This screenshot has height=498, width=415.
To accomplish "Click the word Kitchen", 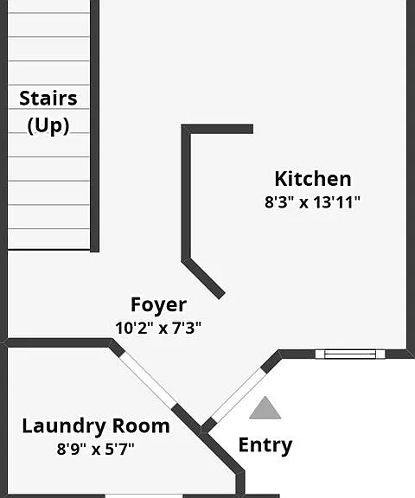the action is click(x=313, y=179).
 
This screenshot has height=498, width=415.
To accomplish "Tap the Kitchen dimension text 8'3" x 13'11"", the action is click(x=312, y=202).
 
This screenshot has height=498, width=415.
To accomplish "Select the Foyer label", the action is click(x=158, y=305).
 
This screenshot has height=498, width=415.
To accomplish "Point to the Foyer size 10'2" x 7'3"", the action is click(x=158, y=328).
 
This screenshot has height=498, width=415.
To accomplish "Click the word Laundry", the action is click(x=64, y=426).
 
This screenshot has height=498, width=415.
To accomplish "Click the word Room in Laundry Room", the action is click(x=141, y=425).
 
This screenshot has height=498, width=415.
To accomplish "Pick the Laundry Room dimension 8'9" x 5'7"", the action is click(x=96, y=449).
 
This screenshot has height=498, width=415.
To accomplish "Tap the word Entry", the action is click(x=265, y=445).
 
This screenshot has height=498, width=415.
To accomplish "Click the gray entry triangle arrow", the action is click(x=265, y=408).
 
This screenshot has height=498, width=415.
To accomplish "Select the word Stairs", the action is click(x=48, y=99).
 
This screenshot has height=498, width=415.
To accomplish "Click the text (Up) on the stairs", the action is click(x=48, y=125).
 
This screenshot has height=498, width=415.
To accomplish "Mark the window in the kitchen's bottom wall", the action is click(x=350, y=354).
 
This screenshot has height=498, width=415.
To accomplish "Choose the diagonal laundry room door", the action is click(x=148, y=380).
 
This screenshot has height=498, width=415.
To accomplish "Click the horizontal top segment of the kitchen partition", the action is click(x=217, y=129).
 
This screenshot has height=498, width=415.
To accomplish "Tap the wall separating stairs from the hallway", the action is click(x=94, y=125).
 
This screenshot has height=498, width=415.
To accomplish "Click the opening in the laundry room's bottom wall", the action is click(x=144, y=495).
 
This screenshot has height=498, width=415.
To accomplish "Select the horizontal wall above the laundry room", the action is click(x=57, y=342).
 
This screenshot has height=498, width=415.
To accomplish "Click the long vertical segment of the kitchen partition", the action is click(x=186, y=194).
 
